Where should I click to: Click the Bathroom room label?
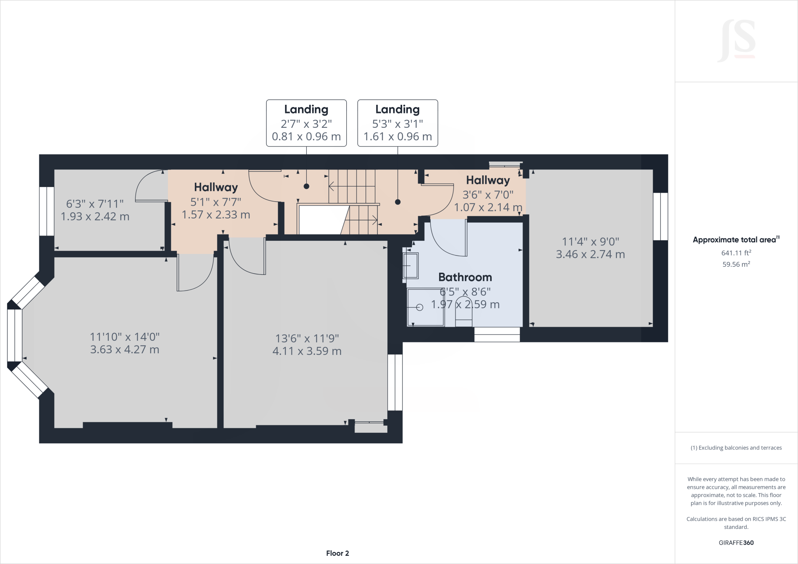[465, 277]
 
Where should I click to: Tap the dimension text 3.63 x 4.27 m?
[125, 349]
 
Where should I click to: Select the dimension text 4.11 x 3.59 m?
[307, 351]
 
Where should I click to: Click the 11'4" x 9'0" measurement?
[590, 241]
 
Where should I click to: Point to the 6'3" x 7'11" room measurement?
[95, 204]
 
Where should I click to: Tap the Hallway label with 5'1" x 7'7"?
[216, 187]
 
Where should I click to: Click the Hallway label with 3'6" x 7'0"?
[488, 180]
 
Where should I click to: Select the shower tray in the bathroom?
[425, 307]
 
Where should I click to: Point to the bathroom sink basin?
[410, 265]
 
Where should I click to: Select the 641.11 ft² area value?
[736, 253]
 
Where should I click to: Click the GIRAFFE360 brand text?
[736, 543]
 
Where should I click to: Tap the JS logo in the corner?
[736, 41]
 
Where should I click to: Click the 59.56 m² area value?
[736, 264]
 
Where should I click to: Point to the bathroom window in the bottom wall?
[497, 335]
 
